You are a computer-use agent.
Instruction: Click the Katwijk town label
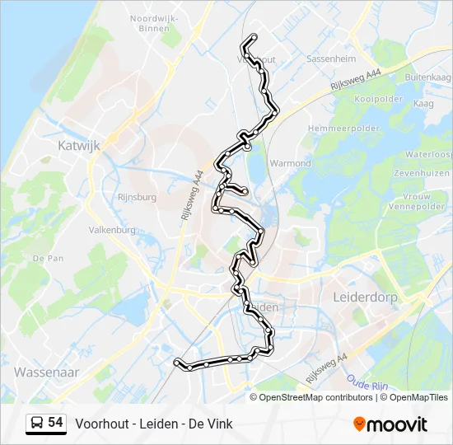(x=78, y=145)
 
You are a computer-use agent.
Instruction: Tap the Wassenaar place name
(x=46, y=372)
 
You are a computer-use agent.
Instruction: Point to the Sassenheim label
(x=330, y=59)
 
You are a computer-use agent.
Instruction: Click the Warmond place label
(x=290, y=163)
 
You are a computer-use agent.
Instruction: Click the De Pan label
(x=48, y=258)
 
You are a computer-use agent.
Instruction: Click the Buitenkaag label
(x=423, y=77)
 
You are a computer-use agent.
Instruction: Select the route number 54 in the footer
(x=55, y=422)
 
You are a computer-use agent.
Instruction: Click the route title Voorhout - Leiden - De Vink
(x=154, y=424)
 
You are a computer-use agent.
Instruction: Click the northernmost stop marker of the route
(x=253, y=37)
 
